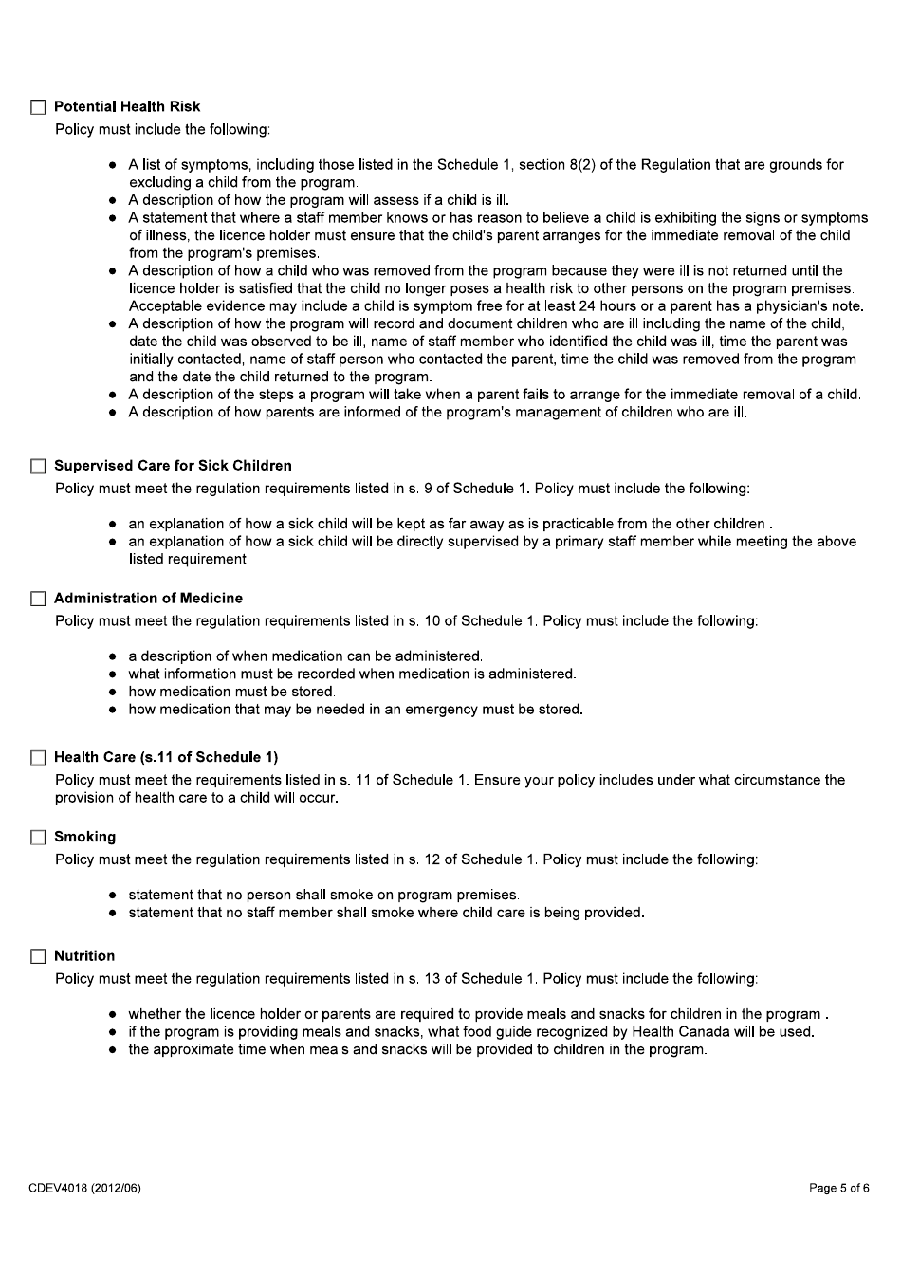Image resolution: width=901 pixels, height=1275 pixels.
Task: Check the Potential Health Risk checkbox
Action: point(38,107)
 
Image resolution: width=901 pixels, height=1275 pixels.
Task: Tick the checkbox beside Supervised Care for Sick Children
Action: point(38,466)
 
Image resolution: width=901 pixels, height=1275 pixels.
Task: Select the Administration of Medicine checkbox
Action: point(38,599)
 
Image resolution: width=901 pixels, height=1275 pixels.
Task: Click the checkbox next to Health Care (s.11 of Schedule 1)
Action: point(38,758)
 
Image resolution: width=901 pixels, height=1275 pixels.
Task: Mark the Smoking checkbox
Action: point(38,838)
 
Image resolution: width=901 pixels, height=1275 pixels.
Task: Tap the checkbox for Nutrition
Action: point(38,956)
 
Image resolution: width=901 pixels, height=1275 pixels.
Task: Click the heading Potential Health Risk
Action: point(127,107)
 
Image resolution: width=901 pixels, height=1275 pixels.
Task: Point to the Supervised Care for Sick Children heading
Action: point(173,466)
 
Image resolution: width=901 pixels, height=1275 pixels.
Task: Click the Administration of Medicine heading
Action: point(148,599)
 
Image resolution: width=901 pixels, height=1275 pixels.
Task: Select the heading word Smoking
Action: point(84,838)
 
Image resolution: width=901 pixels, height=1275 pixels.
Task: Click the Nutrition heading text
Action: point(84,956)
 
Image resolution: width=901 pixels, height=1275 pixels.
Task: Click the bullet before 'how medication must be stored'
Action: point(113,693)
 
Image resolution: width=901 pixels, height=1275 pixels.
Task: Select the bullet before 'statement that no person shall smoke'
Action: point(113,896)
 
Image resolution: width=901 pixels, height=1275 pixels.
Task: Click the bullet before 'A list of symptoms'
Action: point(113,165)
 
